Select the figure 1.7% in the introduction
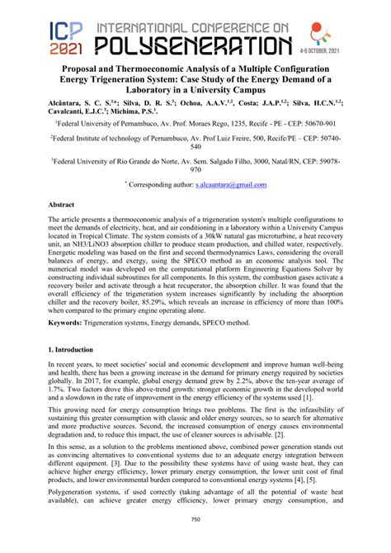59,414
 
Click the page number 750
195,541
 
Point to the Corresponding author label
159,186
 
